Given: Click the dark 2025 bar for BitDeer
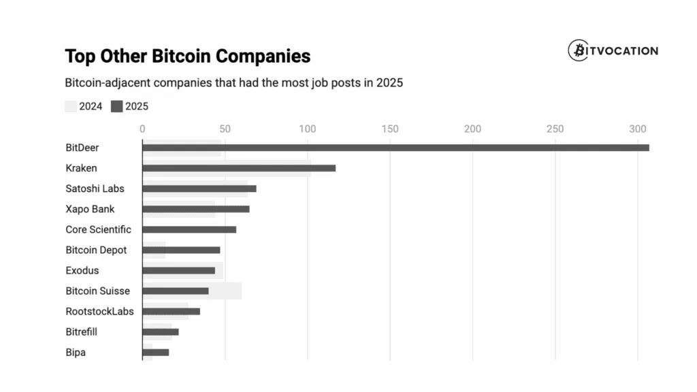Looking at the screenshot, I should (x=395, y=148).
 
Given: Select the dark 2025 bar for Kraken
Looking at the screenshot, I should (x=239, y=168).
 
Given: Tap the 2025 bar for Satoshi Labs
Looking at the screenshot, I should (x=199, y=189).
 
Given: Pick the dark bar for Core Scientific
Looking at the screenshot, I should (x=189, y=229).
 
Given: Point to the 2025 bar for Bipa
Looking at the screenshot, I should (x=156, y=353).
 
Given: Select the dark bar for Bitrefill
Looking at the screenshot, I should (x=161, y=332).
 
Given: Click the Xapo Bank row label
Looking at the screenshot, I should (x=90, y=209).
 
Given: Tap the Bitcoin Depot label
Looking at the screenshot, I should (x=96, y=250).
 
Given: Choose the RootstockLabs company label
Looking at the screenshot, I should (x=99, y=311).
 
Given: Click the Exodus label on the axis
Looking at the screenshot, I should (x=82, y=270).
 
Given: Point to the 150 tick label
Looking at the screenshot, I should (x=390, y=129).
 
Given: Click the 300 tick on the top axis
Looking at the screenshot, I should (x=638, y=129).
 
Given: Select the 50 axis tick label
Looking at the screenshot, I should (x=225, y=129).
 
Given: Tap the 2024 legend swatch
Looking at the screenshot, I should (x=71, y=106).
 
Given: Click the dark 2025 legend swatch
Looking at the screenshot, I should (x=116, y=106).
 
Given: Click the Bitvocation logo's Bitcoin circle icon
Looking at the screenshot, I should (x=578, y=50).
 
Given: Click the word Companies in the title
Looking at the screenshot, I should (x=261, y=56).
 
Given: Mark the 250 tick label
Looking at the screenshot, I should (x=555, y=129).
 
